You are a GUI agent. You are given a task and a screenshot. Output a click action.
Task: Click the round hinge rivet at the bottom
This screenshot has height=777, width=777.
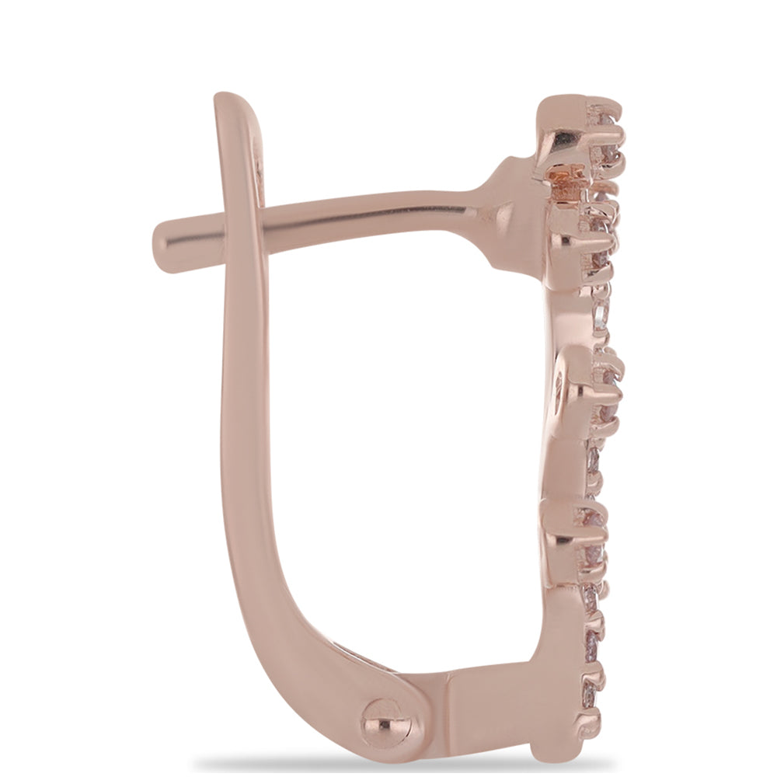382,721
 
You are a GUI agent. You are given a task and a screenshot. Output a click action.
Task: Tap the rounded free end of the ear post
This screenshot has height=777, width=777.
166,246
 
